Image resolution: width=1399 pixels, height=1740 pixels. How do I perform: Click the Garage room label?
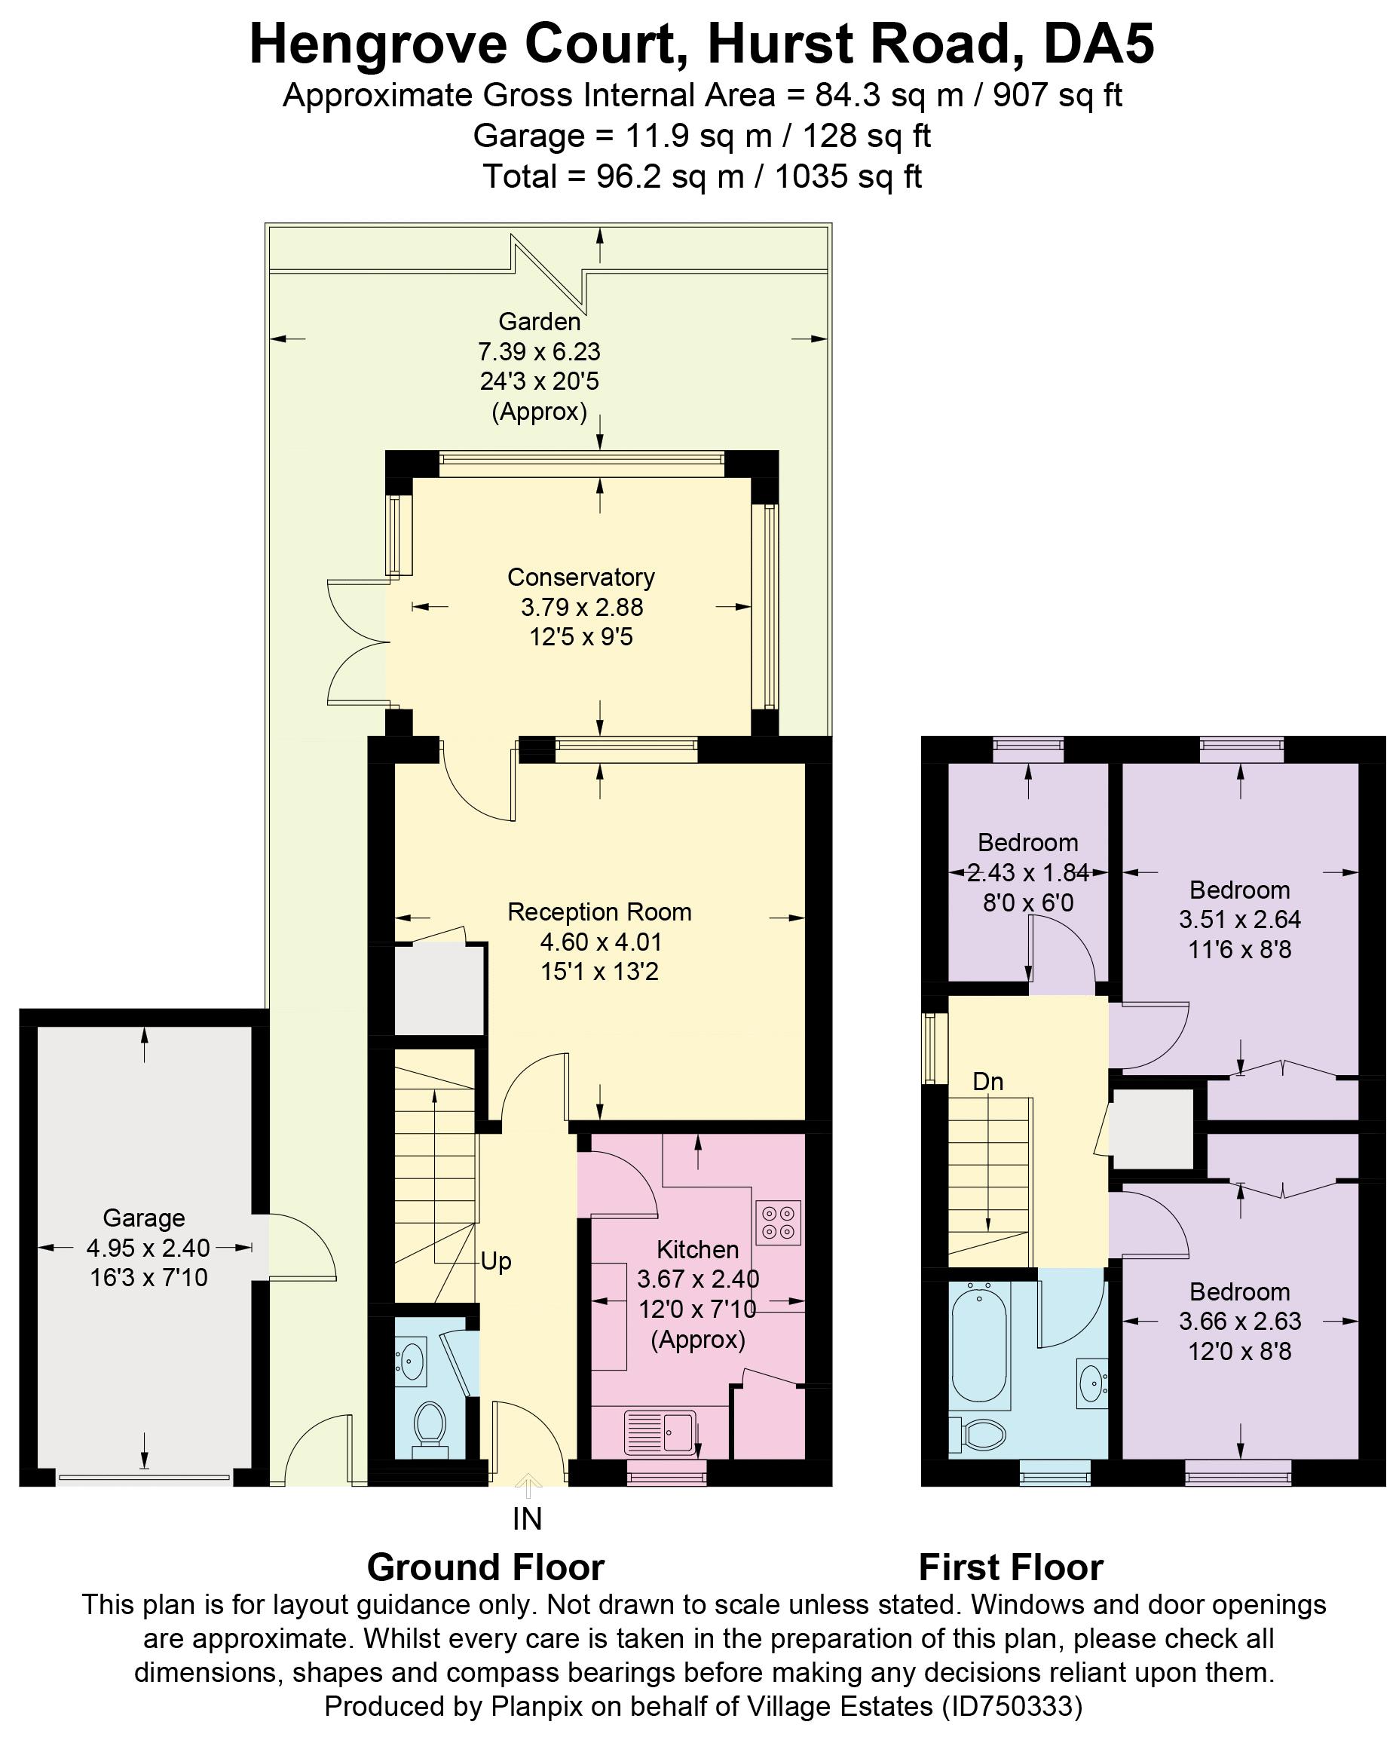click(144, 1218)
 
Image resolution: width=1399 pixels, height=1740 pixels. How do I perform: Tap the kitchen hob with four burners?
click(778, 1223)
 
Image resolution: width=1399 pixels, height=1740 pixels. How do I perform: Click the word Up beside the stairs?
click(495, 1261)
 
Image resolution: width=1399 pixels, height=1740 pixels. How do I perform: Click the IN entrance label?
click(527, 1520)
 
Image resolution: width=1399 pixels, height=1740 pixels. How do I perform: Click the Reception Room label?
click(599, 912)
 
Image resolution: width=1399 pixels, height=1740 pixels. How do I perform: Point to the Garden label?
click(539, 321)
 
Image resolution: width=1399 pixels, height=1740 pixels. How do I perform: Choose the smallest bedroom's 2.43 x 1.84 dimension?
click(1028, 872)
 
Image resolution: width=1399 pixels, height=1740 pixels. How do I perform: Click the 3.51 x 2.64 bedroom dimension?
click(1239, 919)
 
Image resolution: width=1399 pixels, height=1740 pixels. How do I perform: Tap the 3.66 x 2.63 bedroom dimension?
click(1239, 1321)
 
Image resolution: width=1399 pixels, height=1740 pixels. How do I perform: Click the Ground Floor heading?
click(485, 1567)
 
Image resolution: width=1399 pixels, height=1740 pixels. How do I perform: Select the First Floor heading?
click(1010, 1567)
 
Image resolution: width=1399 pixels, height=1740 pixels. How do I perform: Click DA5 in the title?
click(1098, 44)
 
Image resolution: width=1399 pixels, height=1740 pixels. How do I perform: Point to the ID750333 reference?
click(1012, 1706)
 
